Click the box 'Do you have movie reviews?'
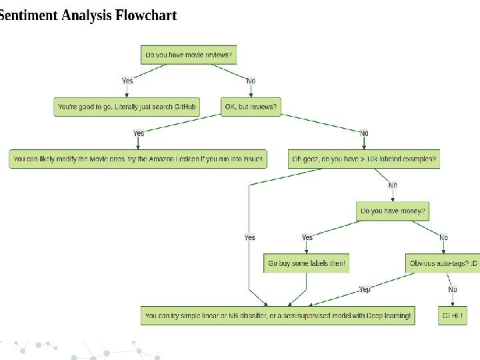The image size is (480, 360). pos(189,55)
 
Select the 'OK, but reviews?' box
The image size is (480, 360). pos(249,107)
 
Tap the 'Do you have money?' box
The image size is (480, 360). pos(393,211)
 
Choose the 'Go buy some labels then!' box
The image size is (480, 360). pos(307,263)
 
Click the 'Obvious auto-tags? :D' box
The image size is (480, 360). pos(443,263)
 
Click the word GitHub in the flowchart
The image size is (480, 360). pos(185,107)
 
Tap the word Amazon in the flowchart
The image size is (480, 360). pos(171,159)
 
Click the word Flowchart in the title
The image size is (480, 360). pos(146,15)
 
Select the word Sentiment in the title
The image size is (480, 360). pos(28,15)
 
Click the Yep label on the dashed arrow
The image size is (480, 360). pos(365,289)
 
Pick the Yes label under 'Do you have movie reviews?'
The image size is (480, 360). pos(127,81)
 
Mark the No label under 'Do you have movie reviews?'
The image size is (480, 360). pos(251,81)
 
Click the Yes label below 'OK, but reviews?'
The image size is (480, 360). pos(139,133)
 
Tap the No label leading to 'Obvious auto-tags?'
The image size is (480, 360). pos(443,237)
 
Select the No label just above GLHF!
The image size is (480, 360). pos(453,289)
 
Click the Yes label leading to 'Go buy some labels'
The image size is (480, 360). pos(307,237)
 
